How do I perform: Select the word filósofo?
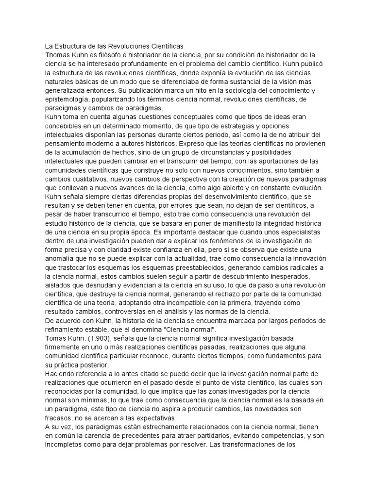pyautogui.click(x=120, y=55)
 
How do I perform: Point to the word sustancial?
pyautogui.click(x=245, y=82)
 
